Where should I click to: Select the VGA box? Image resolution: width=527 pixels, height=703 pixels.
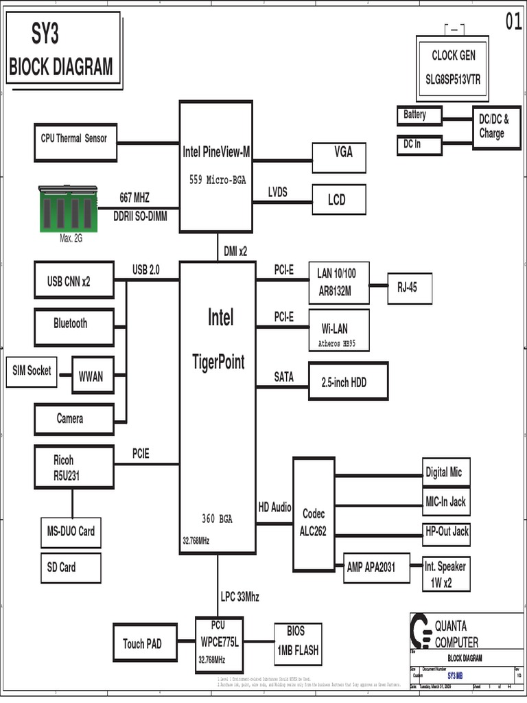339,157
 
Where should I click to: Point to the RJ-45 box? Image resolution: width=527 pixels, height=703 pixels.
410,288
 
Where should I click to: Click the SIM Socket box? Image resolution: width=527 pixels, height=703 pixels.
32,371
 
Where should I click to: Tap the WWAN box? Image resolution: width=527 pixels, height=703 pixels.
91,376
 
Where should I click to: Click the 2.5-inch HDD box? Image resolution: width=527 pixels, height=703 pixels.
349,382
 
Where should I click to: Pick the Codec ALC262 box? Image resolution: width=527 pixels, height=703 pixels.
313,523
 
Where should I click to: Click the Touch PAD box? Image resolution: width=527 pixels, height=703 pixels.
143,643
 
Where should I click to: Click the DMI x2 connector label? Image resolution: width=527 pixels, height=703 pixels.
235,251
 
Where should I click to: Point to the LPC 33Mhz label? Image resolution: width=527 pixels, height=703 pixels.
240,596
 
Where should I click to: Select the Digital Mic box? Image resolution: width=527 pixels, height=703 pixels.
445,472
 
